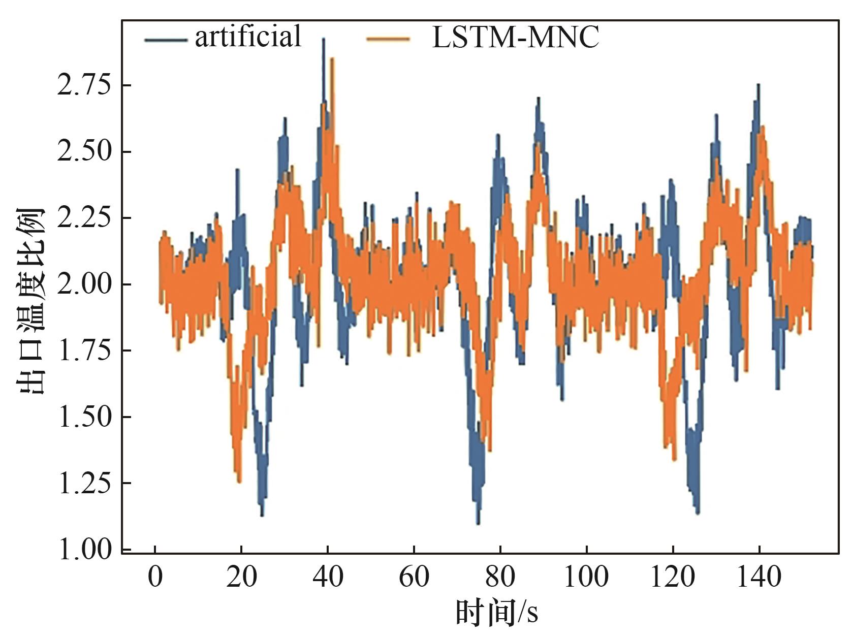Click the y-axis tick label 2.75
pyautogui.click(x=84, y=85)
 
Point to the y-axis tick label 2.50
pyautogui.click(x=84, y=151)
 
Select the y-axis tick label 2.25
pyautogui.click(x=84, y=218)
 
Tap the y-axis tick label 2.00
pyautogui.click(x=84, y=284)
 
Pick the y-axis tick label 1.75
pyautogui.click(x=84, y=351)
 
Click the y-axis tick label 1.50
pyautogui.click(x=84, y=417)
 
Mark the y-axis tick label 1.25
pyautogui.click(x=84, y=483)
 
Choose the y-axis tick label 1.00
pyautogui.click(x=84, y=550)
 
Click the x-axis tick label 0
pyautogui.click(x=155, y=577)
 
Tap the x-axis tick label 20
pyautogui.click(x=241, y=577)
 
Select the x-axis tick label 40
pyautogui.click(x=328, y=577)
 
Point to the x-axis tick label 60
pyautogui.click(x=414, y=577)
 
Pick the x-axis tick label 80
pyautogui.click(x=500, y=577)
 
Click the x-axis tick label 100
pyautogui.click(x=586, y=577)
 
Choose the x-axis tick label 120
pyautogui.click(x=673, y=577)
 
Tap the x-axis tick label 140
pyautogui.click(x=759, y=577)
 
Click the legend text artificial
pyautogui.click(x=248, y=37)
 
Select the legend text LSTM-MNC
pyautogui.click(x=515, y=37)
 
